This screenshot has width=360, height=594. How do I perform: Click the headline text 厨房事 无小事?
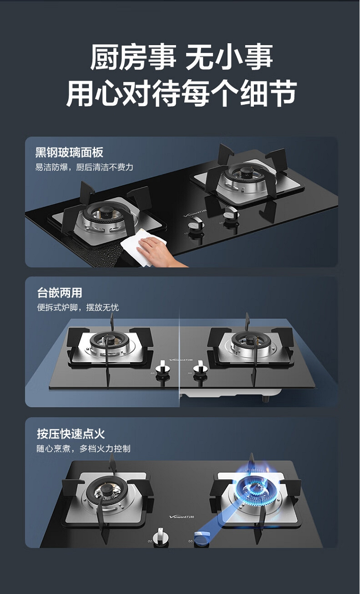(x=181, y=57)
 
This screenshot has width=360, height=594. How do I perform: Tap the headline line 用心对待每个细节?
(x=181, y=93)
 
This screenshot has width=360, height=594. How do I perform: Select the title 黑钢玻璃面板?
(x=69, y=153)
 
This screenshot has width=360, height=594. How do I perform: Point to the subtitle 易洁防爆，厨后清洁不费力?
(x=84, y=167)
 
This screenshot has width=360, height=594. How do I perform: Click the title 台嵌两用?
(x=60, y=293)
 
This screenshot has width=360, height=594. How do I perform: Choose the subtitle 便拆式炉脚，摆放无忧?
(x=78, y=308)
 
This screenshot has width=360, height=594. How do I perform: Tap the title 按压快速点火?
(x=71, y=434)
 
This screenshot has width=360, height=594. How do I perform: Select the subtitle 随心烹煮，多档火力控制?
(x=84, y=449)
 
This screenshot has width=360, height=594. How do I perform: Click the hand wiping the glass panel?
(x=159, y=253)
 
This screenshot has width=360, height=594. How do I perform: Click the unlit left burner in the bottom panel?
(x=106, y=491)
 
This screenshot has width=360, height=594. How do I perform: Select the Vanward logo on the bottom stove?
(x=181, y=516)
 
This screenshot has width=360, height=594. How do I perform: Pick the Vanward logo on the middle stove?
(x=181, y=360)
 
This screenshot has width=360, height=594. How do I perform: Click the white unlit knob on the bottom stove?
(x=161, y=536)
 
